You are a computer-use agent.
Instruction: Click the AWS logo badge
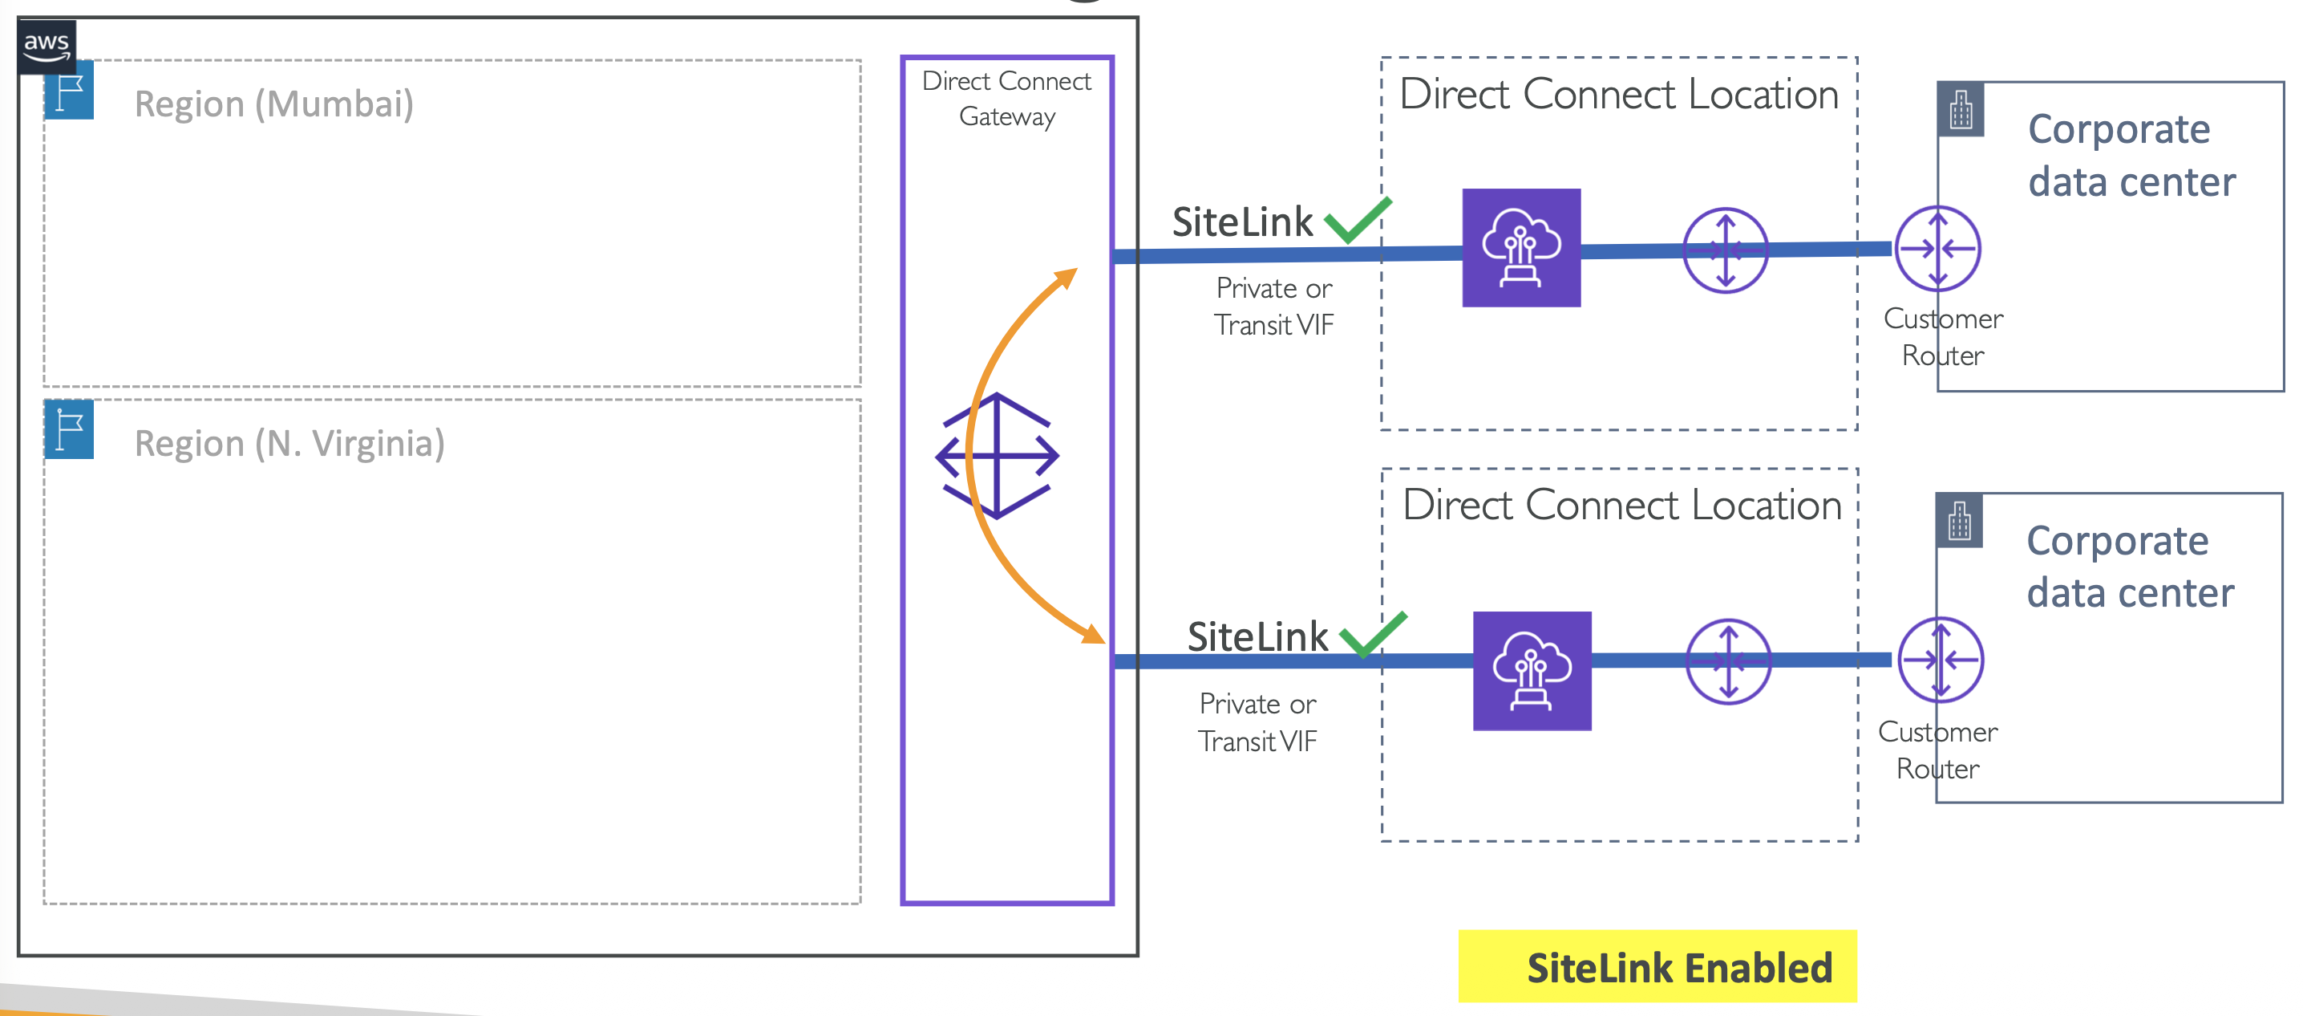pyautogui.click(x=47, y=45)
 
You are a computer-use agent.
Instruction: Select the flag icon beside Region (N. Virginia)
pyautogui.click(x=69, y=430)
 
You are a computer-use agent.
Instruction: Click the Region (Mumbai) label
pyautogui.click(x=273, y=104)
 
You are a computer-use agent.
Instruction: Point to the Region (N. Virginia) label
pyautogui.click(x=289, y=444)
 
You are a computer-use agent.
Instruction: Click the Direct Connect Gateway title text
pyautogui.click(x=1006, y=99)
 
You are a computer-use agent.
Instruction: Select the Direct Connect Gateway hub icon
pyautogui.click(x=997, y=456)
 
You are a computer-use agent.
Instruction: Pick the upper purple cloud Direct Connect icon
pyautogui.click(x=1520, y=248)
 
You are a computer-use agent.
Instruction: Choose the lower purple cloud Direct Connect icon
pyautogui.click(x=1532, y=671)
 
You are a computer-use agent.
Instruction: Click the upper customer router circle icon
pyautogui.click(x=1937, y=249)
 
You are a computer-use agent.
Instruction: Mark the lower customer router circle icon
pyautogui.click(x=1940, y=660)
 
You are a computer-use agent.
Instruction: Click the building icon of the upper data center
pyautogui.click(x=1961, y=110)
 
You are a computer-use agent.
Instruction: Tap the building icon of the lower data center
pyautogui.click(x=1959, y=521)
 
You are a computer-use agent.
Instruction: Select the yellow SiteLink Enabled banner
pyautogui.click(x=1657, y=967)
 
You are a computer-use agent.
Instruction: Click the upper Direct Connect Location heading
pyautogui.click(x=1618, y=95)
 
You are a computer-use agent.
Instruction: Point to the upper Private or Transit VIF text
pyautogui.click(x=1273, y=307)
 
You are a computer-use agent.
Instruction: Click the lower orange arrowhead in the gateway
pyautogui.click(x=1094, y=635)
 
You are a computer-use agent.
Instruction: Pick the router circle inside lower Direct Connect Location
pyautogui.click(x=1727, y=662)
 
